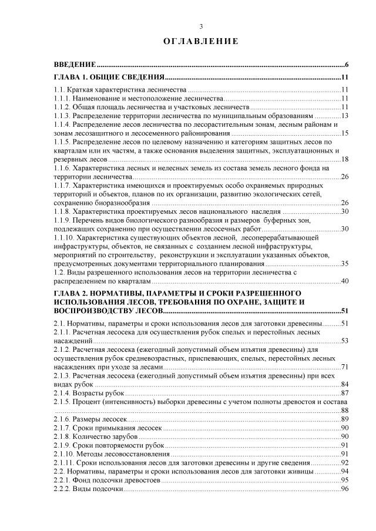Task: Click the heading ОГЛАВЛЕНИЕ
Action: (x=201, y=41)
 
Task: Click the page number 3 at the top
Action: (x=201, y=26)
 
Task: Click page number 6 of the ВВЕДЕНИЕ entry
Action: (x=347, y=64)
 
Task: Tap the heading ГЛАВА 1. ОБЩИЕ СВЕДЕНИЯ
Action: (x=108, y=78)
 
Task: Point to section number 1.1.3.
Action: (x=62, y=116)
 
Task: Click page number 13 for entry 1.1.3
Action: (x=345, y=116)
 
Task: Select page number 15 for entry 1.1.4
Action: (x=345, y=133)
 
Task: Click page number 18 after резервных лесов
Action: (x=345, y=159)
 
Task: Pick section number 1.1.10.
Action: (x=63, y=237)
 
